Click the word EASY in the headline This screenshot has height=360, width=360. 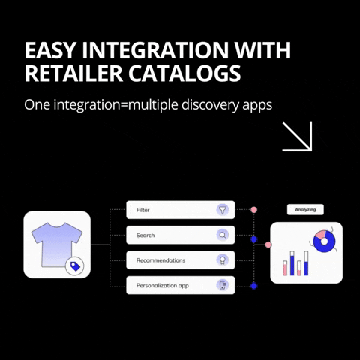pos(50,50)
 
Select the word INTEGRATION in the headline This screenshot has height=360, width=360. pos(155,50)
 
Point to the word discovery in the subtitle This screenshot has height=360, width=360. pos(211,105)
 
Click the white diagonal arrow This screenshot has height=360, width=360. pos(298,136)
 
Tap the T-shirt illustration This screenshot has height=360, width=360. pos(57,244)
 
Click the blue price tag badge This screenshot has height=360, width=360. pos(75,266)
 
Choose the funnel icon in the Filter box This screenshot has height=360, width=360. pos(223,209)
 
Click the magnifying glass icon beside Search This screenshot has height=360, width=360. pos(223,235)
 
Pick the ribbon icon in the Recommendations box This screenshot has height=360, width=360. pos(223,260)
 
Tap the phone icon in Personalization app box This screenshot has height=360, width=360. pos(223,285)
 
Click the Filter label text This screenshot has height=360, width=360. pos(142,210)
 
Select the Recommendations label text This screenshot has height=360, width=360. pos(160,260)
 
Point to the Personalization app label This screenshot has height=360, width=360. pos(163,286)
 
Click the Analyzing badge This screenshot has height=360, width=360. pos(305,209)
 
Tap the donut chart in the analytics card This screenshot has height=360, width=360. pos(324,241)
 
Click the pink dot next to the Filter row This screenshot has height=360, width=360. pos(254,210)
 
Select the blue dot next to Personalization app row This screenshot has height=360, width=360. pos(254,286)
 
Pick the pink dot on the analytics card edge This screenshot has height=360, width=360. pos(268,244)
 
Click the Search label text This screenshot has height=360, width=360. pos(145,235)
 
